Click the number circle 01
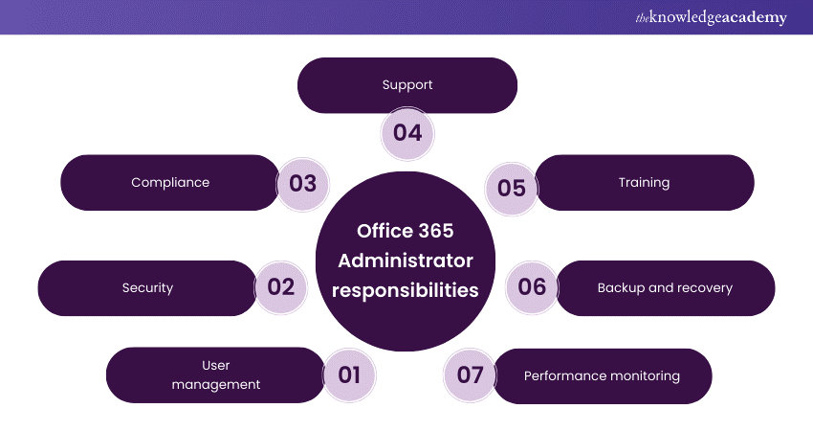(349, 374)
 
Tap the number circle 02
(281, 287)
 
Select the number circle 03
(303, 184)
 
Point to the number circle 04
(407, 133)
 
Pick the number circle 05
(512, 189)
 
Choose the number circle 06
(532, 287)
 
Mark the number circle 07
(471, 374)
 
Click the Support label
(407, 84)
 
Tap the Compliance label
(170, 182)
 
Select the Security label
(147, 287)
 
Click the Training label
(644, 182)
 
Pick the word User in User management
(216, 365)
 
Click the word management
(216, 385)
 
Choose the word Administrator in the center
(406, 261)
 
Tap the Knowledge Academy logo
(712, 17)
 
